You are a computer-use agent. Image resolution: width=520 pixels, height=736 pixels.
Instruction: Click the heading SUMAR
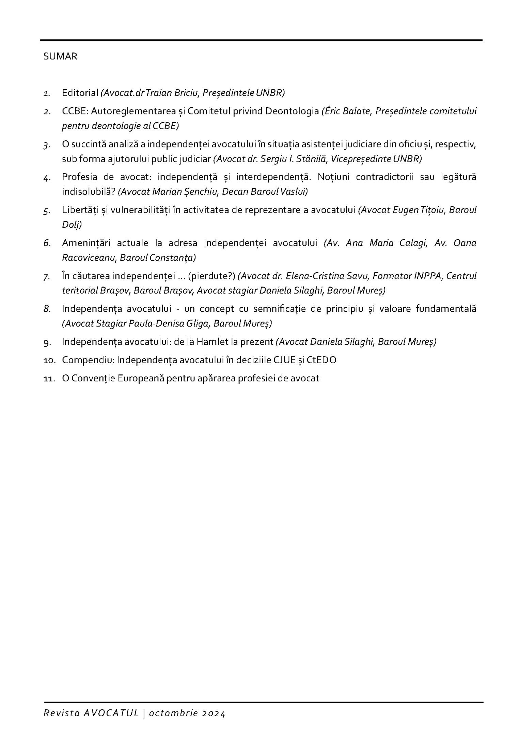point(60,57)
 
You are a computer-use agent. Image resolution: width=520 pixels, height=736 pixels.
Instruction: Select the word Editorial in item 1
point(80,93)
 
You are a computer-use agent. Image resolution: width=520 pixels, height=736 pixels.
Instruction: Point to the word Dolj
point(72,225)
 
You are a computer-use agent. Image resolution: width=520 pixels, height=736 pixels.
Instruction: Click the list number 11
point(49,379)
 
